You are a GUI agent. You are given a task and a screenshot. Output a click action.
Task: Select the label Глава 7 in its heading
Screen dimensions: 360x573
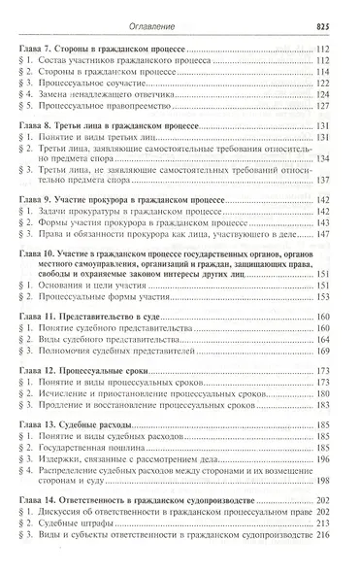click(41, 48)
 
